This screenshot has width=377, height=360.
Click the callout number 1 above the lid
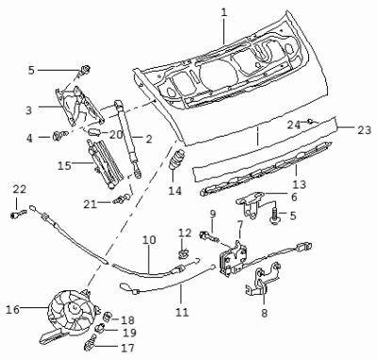coord(223,12)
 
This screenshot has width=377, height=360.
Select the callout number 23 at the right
coord(365,130)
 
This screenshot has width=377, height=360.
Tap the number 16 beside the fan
coord(12,309)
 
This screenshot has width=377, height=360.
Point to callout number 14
coord(174,190)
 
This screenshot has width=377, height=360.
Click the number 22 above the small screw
coord(20,189)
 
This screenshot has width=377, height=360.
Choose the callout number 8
coord(264,313)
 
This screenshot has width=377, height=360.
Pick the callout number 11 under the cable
coord(182,312)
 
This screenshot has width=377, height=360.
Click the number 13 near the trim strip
coord(299,184)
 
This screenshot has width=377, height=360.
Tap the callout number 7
coord(240,225)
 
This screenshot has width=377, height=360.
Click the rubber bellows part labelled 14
coord(178,159)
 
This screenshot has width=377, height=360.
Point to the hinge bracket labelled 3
coord(79,106)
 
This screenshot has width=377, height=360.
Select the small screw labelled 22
coord(18,214)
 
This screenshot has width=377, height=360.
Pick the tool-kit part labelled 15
coord(105,164)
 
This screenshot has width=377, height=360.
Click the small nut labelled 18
coord(108,317)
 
